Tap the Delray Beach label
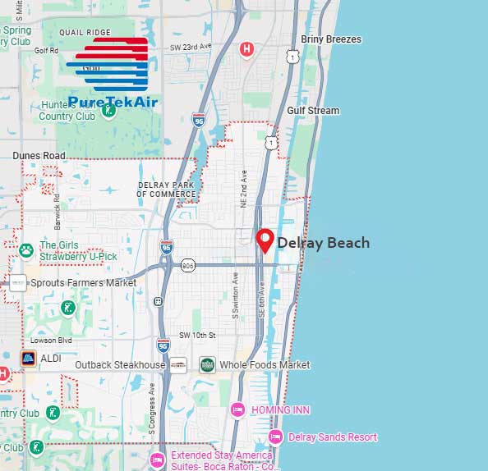[323, 243]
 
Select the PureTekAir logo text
[113, 102]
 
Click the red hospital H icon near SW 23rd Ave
[246, 50]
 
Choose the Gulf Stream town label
[313, 111]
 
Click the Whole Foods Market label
[265, 364]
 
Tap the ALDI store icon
[28, 359]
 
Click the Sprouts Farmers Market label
[84, 282]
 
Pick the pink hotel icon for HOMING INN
[238, 409]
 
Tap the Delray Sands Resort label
[333, 437]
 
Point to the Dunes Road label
[39, 155]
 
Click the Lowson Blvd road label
[52, 340]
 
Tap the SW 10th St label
[197, 336]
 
